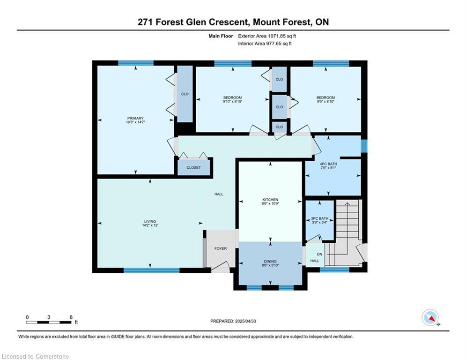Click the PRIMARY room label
pos(135,118)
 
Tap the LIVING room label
pos(150,221)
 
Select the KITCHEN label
pos(270,200)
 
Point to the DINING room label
pos(270,262)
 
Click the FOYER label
pos(221,248)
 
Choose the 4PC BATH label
pos(328,164)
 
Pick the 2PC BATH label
pos(319,218)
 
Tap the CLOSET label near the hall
pos(193,167)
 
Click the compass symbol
pos(430,318)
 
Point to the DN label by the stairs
pos(319,255)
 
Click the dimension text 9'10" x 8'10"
pos(232,101)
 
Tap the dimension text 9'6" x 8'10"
pos(325,101)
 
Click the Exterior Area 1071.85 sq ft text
pos(267,36)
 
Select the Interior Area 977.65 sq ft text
pos(265,44)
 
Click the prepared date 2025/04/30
pos(245,321)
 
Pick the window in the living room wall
pos(152,270)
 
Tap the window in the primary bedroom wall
pos(136,63)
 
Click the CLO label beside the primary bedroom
pos(185,94)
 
